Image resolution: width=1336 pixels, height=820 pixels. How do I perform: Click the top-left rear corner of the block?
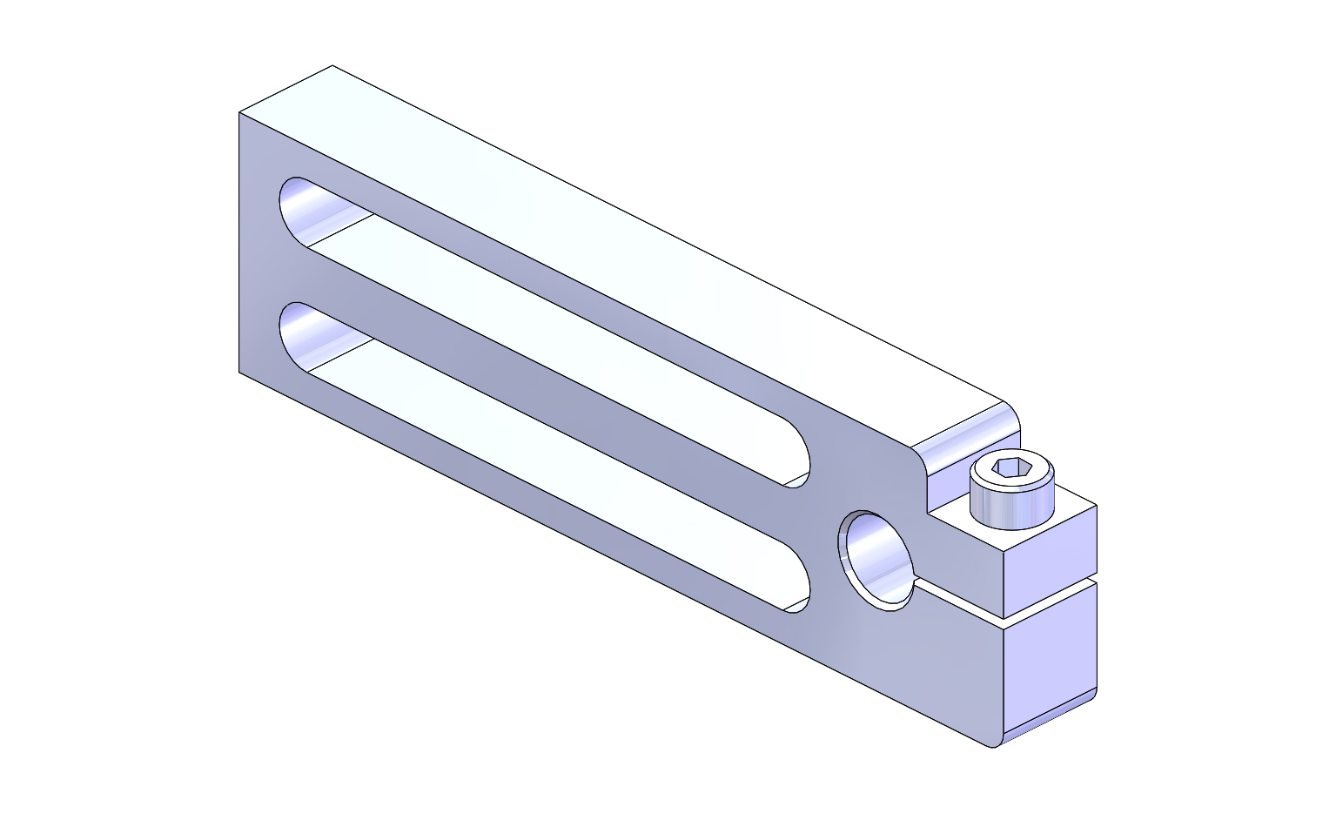click(332, 66)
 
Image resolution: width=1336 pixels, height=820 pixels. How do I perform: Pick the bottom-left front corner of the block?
click(239, 372)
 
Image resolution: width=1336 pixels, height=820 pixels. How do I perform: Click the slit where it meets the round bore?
click(914, 585)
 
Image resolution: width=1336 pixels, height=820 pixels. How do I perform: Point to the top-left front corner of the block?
click(239, 113)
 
